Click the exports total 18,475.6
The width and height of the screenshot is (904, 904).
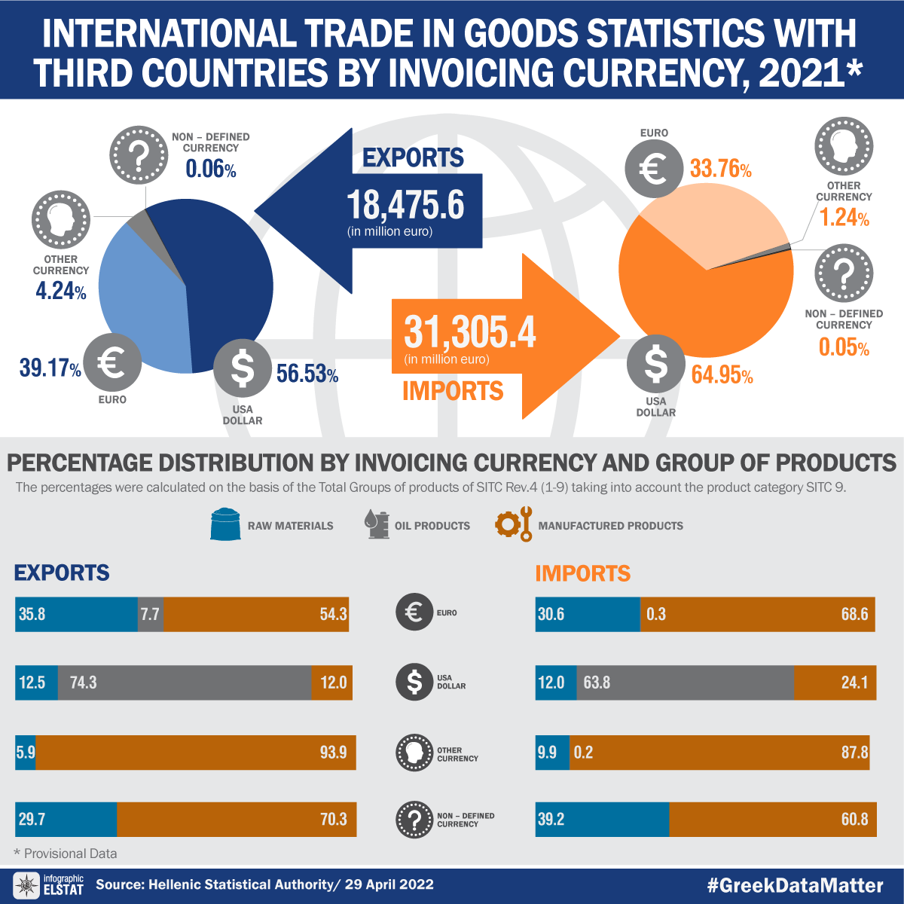coord(405,205)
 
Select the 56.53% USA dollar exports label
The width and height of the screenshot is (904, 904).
coord(307,374)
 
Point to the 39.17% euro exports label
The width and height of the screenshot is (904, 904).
coord(50,368)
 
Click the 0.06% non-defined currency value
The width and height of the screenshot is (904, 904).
coord(211,169)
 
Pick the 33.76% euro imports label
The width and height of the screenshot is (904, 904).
coord(720,169)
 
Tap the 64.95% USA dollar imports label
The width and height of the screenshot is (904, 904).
coord(722,374)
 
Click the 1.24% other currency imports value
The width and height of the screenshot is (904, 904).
coord(844,218)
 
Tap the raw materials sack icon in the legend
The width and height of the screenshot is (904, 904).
coord(225,524)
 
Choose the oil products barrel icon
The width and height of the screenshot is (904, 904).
coord(376,524)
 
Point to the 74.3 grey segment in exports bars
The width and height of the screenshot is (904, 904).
coord(185,683)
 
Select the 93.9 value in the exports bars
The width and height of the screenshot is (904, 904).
coord(333,752)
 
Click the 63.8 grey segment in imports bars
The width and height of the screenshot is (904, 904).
coord(686,683)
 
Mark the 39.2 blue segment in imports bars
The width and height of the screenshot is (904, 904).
coord(602,819)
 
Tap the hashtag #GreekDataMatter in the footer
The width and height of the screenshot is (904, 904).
coord(795,885)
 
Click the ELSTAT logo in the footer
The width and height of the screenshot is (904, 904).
coord(48,885)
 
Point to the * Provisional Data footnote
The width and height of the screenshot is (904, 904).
coord(66,854)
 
